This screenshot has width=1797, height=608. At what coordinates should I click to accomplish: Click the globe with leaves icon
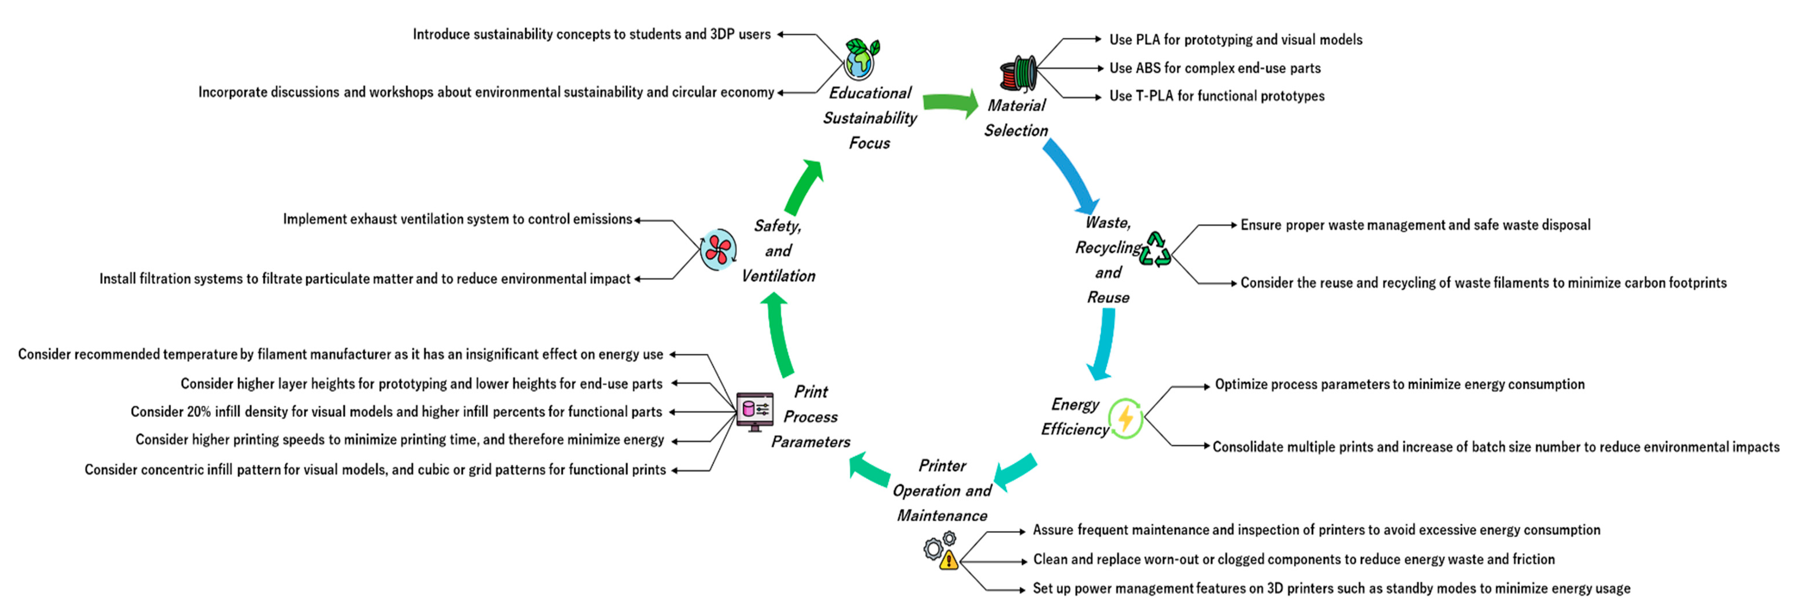coord(861,59)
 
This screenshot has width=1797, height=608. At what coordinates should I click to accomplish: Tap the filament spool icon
coord(1018,73)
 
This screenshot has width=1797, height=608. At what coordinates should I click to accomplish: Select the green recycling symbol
coord(1155,250)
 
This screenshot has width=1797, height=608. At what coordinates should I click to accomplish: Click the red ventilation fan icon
coord(718,249)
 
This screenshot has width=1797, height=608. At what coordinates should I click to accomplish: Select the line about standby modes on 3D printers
coord(1331,588)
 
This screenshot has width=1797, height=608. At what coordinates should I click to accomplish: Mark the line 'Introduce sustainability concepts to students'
coord(591,34)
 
